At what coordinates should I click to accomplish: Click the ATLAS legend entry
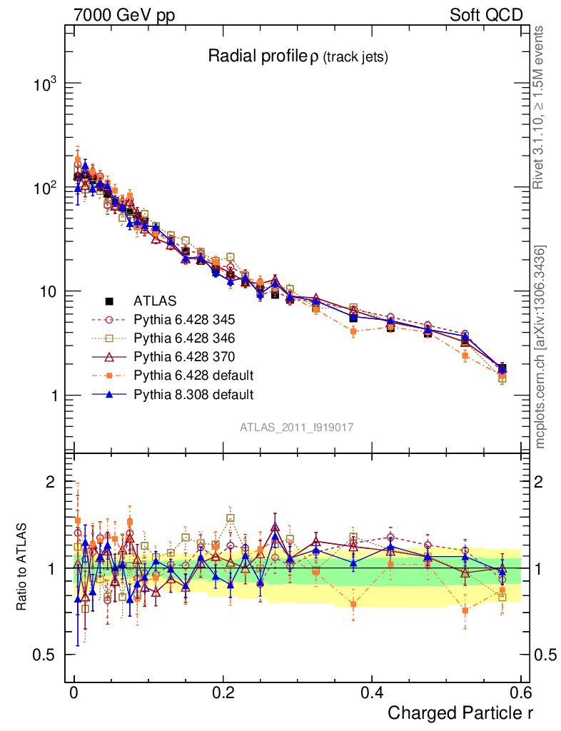(154, 301)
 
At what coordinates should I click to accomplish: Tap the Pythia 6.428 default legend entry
(193, 375)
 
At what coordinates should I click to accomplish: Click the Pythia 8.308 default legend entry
(193, 394)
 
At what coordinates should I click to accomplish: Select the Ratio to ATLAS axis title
(22, 568)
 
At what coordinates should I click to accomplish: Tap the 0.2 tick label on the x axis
(223, 693)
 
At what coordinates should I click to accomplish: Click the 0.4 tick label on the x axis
(371, 693)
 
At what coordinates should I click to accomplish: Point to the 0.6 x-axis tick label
(520, 693)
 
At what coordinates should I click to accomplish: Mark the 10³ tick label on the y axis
(46, 84)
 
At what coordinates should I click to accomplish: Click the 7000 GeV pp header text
(123, 15)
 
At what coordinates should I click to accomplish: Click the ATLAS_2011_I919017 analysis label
(297, 427)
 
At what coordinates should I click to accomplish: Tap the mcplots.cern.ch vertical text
(540, 346)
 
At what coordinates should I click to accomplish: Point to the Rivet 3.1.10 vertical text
(540, 107)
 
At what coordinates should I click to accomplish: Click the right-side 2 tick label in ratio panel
(540, 482)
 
